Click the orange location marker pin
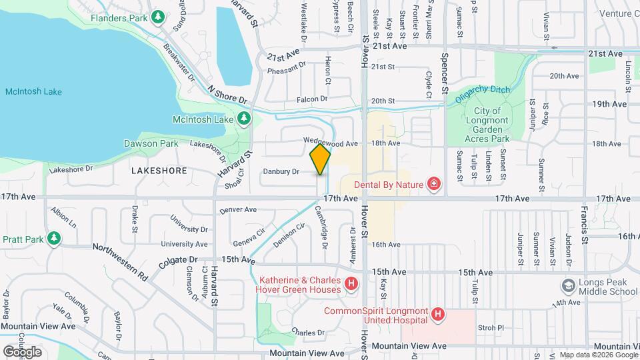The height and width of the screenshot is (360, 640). click(320, 159)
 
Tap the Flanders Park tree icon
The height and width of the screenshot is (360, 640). click(158, 17)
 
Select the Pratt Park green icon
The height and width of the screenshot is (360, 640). click(53, 238)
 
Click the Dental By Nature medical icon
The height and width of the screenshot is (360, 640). click(434, 183)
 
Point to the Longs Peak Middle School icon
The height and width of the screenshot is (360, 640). click(567, 285)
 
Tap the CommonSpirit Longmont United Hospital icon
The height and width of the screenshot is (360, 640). click(437, 313)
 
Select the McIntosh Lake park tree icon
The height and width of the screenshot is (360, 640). click(244, 119)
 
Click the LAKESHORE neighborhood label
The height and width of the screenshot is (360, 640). click(159, 171)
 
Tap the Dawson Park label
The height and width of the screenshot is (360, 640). click(151, 143)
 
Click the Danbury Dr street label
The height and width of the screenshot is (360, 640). click(281, 171)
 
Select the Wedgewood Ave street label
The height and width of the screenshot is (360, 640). click(331, 143)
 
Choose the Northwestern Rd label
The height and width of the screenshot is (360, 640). click(120, 261)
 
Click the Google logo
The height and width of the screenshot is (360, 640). click(22, 351)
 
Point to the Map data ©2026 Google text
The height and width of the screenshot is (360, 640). click(599, 355)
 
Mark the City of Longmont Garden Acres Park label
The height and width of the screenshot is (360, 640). click(491, 125)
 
